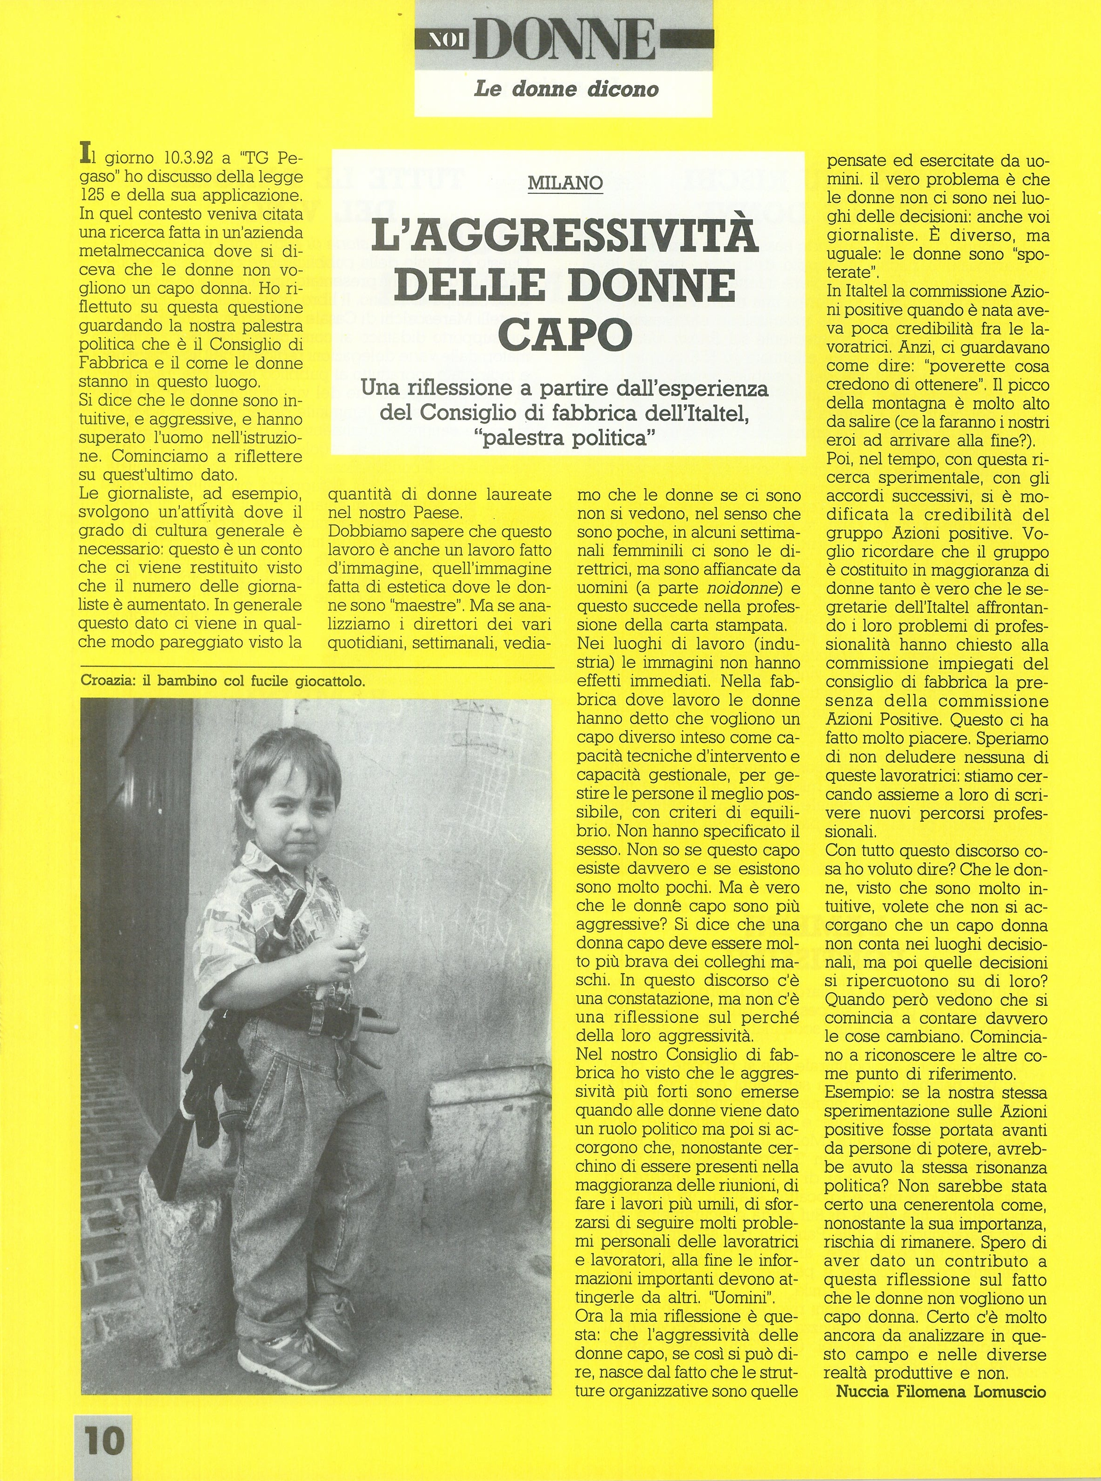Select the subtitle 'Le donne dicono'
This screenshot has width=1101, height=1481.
click(x=565, y=89)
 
